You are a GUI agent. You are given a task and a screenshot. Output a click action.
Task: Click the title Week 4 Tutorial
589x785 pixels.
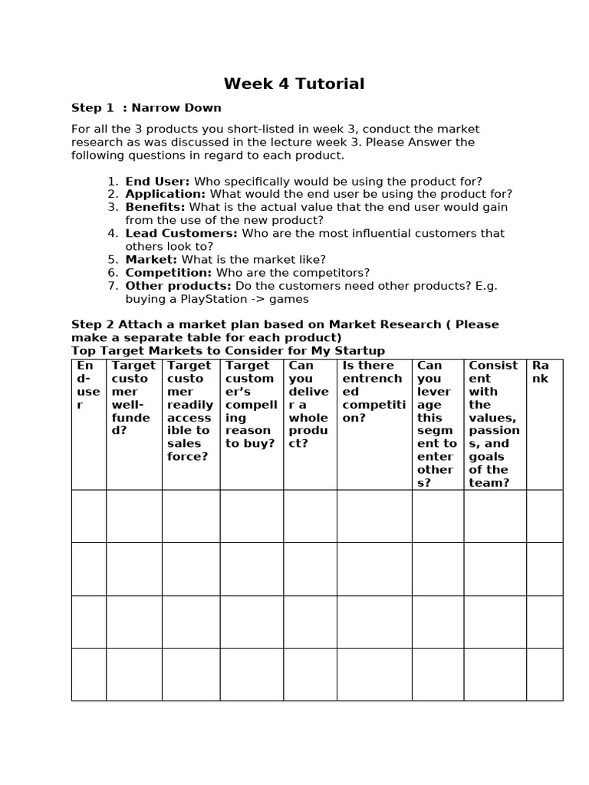pos(294,84)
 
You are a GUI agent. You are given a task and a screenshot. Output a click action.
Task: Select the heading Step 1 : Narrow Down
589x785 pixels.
pos(146,108)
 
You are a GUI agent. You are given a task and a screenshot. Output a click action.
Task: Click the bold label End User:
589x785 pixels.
pos(158,182)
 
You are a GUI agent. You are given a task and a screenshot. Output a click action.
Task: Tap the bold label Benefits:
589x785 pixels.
pos(156,208)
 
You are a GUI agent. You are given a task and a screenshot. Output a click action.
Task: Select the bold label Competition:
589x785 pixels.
pos(169,273)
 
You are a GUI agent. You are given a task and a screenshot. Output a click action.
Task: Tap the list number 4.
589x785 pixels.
pos(113,233)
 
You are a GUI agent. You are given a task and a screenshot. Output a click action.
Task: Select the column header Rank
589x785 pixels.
pos(541,372)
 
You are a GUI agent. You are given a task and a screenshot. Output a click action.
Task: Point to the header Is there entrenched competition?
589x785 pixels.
pos(373,392)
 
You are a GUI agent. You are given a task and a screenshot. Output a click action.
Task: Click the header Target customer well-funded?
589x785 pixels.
pos(133,398)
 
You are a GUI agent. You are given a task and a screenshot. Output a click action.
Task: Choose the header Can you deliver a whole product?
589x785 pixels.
pos(308,405)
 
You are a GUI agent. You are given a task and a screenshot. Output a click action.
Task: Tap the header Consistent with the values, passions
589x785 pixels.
pos(494,424)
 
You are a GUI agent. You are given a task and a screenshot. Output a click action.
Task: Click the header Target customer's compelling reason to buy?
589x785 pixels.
pos(250,405)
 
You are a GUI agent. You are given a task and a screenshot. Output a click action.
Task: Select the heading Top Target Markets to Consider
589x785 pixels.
pos(228,351)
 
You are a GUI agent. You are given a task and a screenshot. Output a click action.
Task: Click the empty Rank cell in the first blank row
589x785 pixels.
pos(544,516)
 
